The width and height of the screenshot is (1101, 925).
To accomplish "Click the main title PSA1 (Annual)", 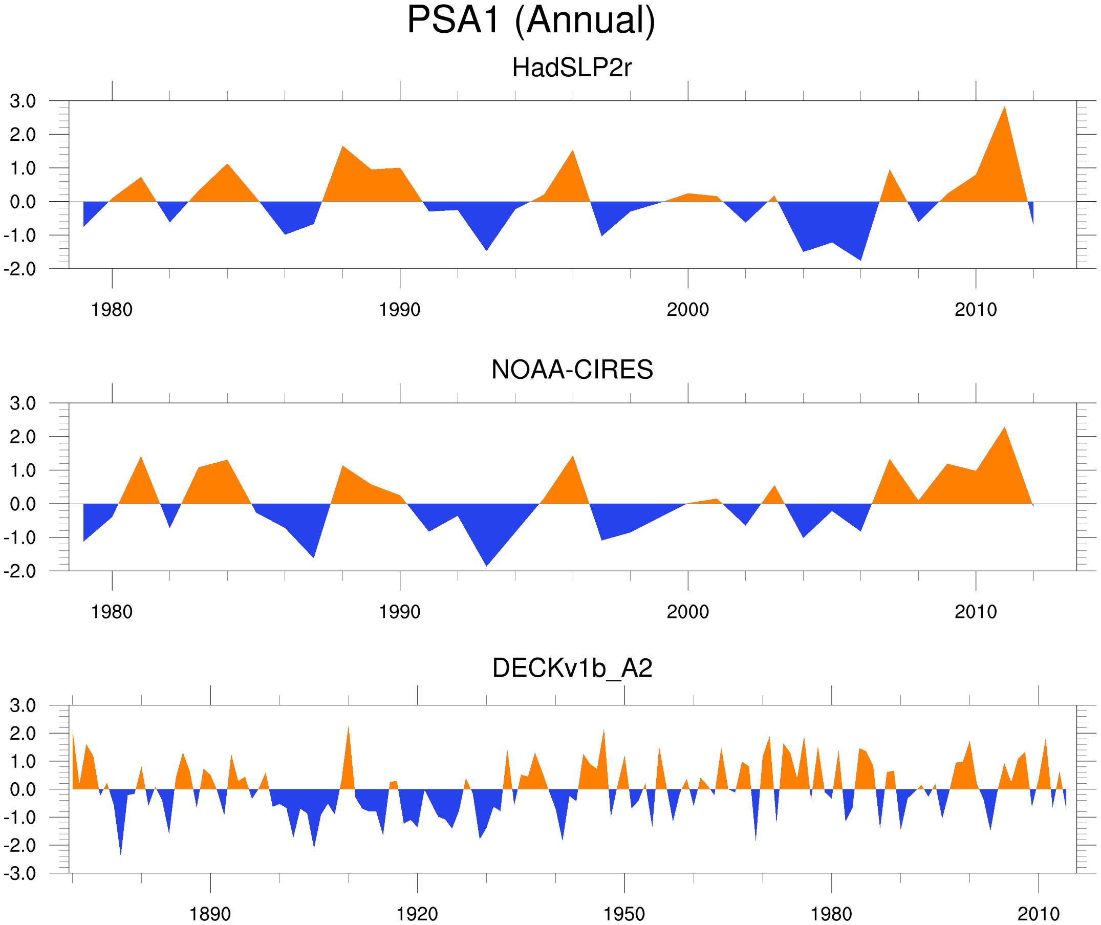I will [531, 21].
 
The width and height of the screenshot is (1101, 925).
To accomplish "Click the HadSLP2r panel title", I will [571, 68].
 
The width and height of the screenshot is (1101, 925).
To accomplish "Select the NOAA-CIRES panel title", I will [572, 370].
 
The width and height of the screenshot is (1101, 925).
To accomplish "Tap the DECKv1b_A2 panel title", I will [572, 668].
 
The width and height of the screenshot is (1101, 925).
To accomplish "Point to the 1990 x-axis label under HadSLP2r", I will [400, 310].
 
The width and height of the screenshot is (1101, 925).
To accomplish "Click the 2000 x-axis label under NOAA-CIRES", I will [687, 612].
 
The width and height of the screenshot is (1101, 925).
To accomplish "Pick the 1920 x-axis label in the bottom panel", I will [417, 914].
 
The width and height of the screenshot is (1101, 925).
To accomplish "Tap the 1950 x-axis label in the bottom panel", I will [624, 914].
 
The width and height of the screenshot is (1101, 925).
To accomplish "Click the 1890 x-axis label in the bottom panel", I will [210, 914].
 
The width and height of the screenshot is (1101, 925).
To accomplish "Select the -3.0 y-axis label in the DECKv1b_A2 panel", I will [20, 874].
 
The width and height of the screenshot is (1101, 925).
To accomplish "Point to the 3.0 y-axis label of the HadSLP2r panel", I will [23, 101].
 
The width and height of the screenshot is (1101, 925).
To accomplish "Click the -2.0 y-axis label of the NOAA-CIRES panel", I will [20, 571].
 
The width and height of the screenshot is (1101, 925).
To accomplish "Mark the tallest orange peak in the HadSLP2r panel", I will [1004, 108].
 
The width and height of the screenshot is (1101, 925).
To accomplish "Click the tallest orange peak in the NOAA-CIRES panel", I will [1004, 428].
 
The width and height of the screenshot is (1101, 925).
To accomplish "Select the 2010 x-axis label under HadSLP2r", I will [975, 310].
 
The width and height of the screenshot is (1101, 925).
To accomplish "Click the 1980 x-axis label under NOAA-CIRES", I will [112, 612].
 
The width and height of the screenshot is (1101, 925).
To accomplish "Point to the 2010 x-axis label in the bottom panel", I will [1038, 914].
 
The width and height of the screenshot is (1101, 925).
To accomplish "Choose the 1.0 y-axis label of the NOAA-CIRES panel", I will [23, 470].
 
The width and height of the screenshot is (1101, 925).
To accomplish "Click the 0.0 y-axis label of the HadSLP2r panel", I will [23, 202].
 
